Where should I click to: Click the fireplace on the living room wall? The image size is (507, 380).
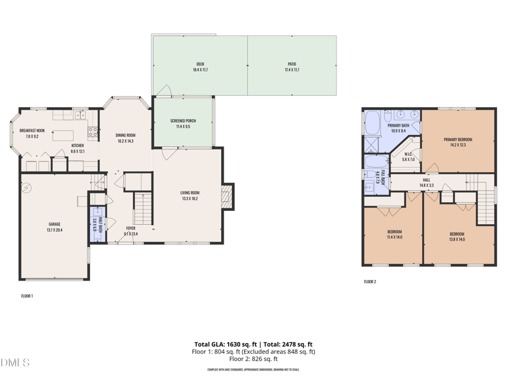[x=228, y=196]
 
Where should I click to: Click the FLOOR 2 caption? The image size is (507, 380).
[x=370, y=281]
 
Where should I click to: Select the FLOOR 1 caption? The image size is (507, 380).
[x=27, y=296]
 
